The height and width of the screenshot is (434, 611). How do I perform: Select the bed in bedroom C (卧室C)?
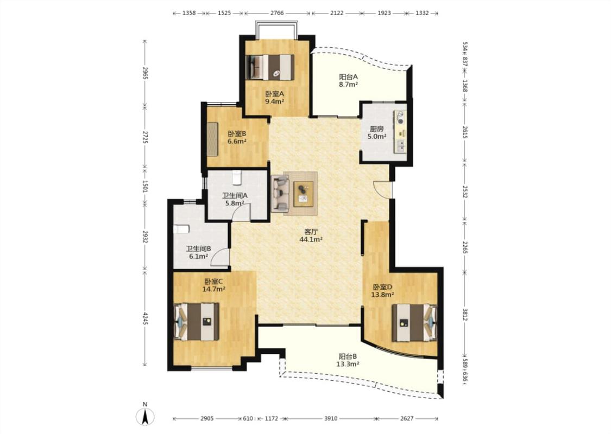[x=197, y=322]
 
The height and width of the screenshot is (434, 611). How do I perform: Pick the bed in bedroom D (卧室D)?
[x=414, y=323]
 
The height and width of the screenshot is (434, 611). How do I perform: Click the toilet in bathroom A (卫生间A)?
[x=237, y=178]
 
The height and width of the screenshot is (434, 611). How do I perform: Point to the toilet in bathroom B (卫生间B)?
[x=181, y=228]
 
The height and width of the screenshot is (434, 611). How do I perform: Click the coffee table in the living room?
[x=304, y=194]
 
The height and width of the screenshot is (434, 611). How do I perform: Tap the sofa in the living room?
[x=280, y=194]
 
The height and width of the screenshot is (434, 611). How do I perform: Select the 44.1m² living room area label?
[x=311, y=240]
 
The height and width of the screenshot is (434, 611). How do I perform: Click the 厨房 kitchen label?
[x=377, y=129]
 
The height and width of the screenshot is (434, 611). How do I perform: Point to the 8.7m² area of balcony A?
[x=348, y=84]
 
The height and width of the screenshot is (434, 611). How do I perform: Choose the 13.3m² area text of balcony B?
[x=348, y=365]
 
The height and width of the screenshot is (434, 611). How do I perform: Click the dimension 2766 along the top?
[x=276, y=13]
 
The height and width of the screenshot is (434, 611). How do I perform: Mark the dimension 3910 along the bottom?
[x=331, y=419]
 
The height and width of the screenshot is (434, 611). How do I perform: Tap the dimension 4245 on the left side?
[x=144, y=318]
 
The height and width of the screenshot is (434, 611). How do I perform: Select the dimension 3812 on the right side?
[x=464, y=314]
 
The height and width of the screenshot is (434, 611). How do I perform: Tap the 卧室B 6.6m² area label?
[x=237, y=137]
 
